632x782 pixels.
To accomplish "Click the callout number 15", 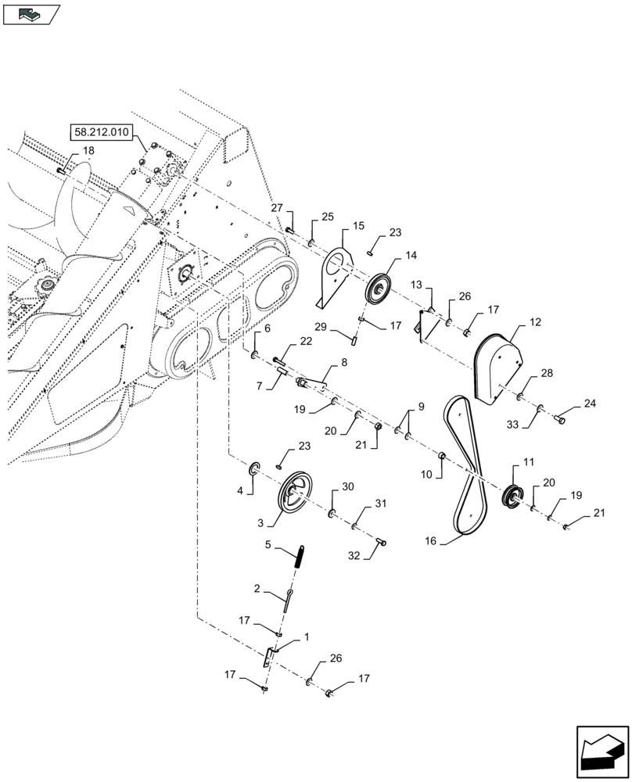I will pos(357,226).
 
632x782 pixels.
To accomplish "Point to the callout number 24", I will pos(588,404).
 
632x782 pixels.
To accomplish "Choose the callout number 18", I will pos(88,150).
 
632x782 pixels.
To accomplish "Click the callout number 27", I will pos(277,207).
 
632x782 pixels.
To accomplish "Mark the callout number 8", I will pos(343,364).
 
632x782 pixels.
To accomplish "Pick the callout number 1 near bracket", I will pos(306,637).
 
